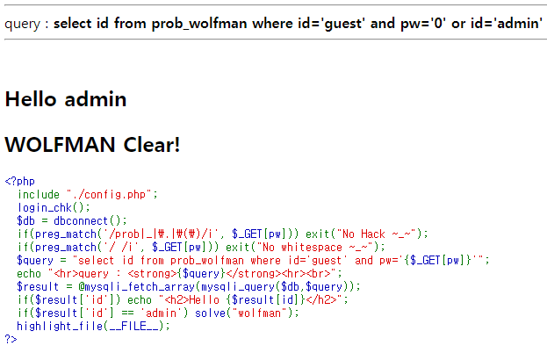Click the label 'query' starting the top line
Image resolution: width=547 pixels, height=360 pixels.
tap(22, 23)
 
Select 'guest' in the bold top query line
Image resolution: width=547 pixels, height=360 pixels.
tap(343, 23)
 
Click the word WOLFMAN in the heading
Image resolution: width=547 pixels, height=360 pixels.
tap(60, 144)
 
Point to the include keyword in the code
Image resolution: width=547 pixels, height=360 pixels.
tap(39, 194)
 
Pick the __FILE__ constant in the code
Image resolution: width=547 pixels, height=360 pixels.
tap(133, 326)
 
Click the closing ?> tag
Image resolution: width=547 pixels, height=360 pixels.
tap(11, 339)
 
